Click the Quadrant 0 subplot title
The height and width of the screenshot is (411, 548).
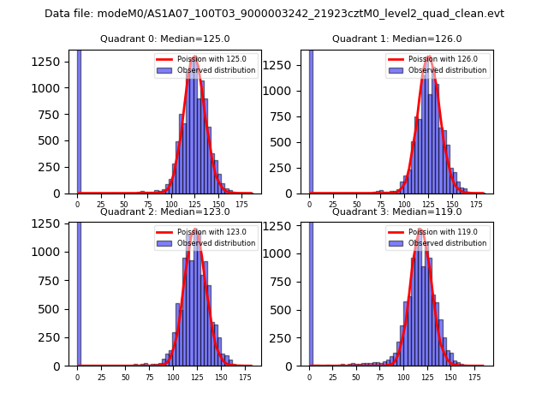pos(165,39)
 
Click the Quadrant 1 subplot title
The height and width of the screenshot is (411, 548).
pos(396,39)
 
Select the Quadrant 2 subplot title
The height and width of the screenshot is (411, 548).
pos(165,211)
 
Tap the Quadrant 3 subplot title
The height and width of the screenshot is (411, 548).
pos(396,211)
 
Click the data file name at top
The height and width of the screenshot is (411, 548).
pos(274,14)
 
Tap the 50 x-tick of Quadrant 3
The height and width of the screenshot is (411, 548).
pos(357,377)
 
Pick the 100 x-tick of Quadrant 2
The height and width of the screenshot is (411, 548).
pos(173,377)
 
